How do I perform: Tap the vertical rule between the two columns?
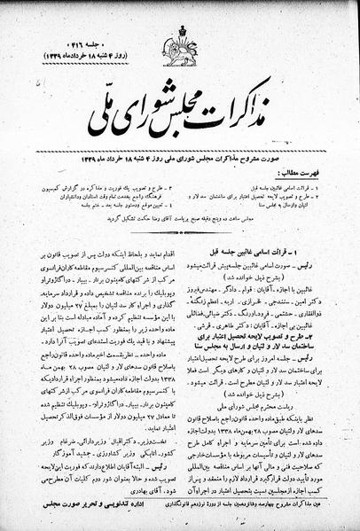click(x=185, y=355)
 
